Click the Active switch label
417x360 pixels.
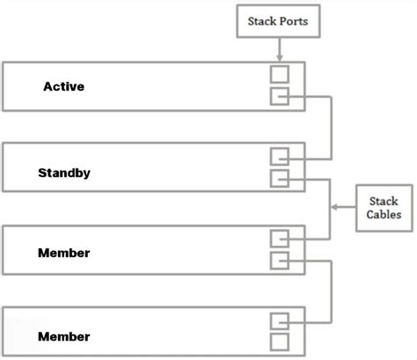[64, 87]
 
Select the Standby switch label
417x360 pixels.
[64, 173]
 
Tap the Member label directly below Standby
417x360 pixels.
[64, 253]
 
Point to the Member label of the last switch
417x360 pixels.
[64, 336]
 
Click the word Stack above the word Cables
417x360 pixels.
[384, 202]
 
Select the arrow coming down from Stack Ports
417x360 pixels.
[279, 48]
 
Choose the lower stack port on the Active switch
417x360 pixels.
[279, 96]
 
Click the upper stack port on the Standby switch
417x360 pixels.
[279, 158]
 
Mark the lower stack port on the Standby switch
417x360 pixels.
[279, 179]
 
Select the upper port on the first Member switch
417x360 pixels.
[279, 239]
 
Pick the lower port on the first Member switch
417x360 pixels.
[279, 260]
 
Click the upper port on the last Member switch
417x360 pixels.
[279, 320]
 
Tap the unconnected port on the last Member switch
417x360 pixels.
[279, 342]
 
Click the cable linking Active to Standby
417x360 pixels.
[331, 128]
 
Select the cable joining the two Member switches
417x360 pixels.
[331, 290]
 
